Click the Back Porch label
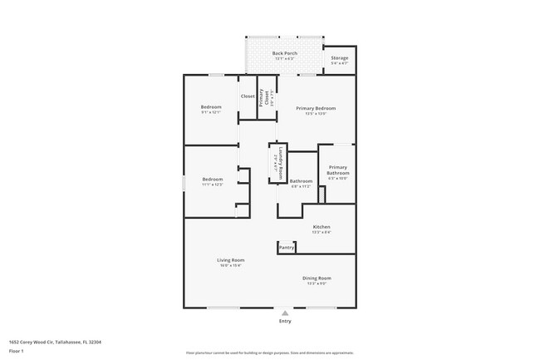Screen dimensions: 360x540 [284, 53]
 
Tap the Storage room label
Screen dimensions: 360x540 [339, 58]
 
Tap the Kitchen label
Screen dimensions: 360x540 [322, 227]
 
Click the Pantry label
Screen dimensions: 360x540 [287, 247]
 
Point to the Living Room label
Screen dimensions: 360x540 [231, 260]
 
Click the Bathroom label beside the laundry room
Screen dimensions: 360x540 [301, 181]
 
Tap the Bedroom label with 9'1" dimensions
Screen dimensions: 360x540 [212, 108]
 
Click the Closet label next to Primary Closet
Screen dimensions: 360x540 [248, 96]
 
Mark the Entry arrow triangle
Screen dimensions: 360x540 [285, 313]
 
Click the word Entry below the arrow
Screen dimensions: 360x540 [285, 321]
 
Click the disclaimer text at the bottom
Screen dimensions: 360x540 [269, 354]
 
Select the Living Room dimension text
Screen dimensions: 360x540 [231, 265]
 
